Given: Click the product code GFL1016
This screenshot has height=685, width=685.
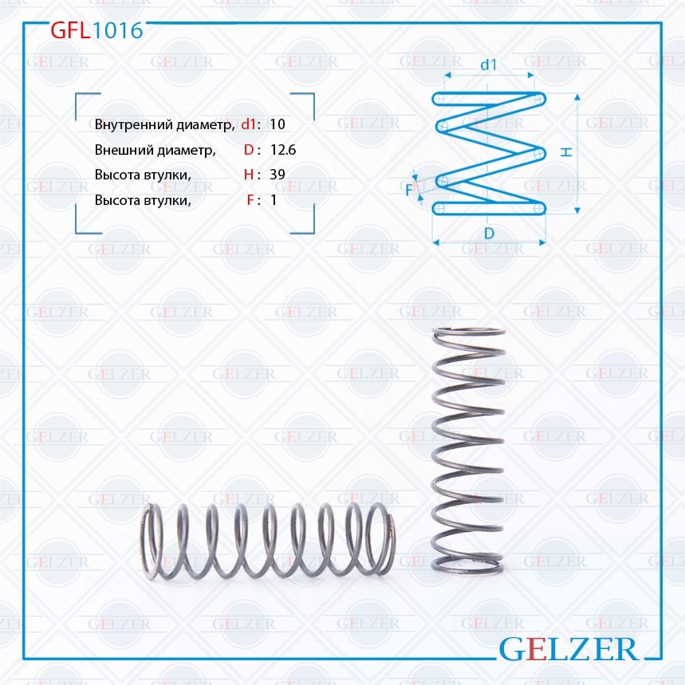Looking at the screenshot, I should [96, 30].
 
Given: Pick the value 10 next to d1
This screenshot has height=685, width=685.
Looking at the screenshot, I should [278, 124].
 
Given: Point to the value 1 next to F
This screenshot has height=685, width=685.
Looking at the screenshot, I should [274, 200].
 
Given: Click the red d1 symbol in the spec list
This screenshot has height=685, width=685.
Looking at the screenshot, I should [248, 124].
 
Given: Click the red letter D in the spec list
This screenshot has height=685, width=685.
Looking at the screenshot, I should [249, 150].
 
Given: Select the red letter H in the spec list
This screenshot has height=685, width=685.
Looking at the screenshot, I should [249, 175].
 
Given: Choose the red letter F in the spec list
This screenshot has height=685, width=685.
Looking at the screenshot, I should [250, 200].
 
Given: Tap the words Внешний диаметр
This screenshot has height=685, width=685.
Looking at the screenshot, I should [155, 150].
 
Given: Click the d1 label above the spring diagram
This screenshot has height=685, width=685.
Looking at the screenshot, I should [489, 65].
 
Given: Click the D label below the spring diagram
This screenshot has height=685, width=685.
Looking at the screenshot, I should [489, 233].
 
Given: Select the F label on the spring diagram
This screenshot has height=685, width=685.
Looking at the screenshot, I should [409, 190].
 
